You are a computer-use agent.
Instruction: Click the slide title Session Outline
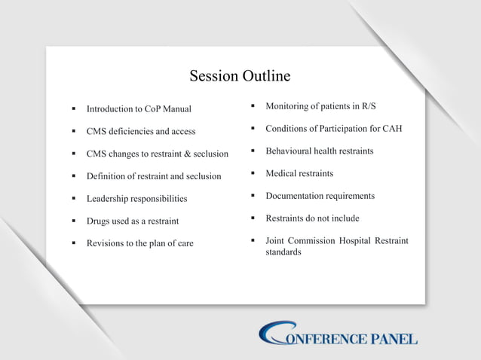click(x=240, y=76)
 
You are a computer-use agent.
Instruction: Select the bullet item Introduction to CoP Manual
click(x=139, y=109)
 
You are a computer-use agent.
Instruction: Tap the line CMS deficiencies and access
click(x=141, y=131)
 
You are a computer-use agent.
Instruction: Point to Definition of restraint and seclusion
click(x=154, y=176)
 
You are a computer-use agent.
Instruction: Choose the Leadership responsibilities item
click(x=136, y=199)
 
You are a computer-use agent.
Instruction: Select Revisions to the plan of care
click(x=139, y=243)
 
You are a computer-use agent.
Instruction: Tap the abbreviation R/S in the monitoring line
click(x=366, y=105)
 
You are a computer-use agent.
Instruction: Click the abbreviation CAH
click(x=391, y=128)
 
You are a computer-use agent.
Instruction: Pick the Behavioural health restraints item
click(x=320, y=151)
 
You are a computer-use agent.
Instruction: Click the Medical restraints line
click(x=299, y=173)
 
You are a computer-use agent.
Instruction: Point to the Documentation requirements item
click(x=320, y=196)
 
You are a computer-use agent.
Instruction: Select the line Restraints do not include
click(x=312, y=218)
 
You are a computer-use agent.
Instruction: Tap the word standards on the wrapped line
click(x=283, y=252)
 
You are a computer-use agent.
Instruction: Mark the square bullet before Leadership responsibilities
click(x=73, y=199)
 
